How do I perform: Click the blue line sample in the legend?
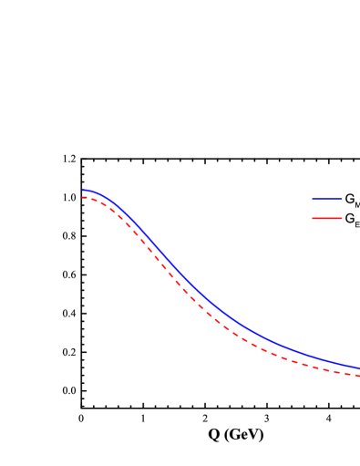click(326, 199)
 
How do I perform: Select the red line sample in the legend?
click(326, 218)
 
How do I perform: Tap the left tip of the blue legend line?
click(312, 199)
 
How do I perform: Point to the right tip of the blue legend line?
click(342, 199)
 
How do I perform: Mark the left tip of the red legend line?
click(312, 218)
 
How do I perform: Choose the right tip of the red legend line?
click(342, 218)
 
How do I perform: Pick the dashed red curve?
click(182, 289)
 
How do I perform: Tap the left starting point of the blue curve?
click(82, 191)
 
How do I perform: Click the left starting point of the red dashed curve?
click(82, 198)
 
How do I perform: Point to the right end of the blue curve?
click(359, 368)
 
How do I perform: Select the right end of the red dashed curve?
click(359, 375)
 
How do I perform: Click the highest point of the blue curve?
click(85, 191)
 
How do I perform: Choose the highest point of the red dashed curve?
click(83, 198)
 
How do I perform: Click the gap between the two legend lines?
click(326, 209)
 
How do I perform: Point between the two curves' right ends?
click(359, 372)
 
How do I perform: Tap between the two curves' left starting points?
click(82, 194)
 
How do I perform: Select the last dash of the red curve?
click(355, 374)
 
